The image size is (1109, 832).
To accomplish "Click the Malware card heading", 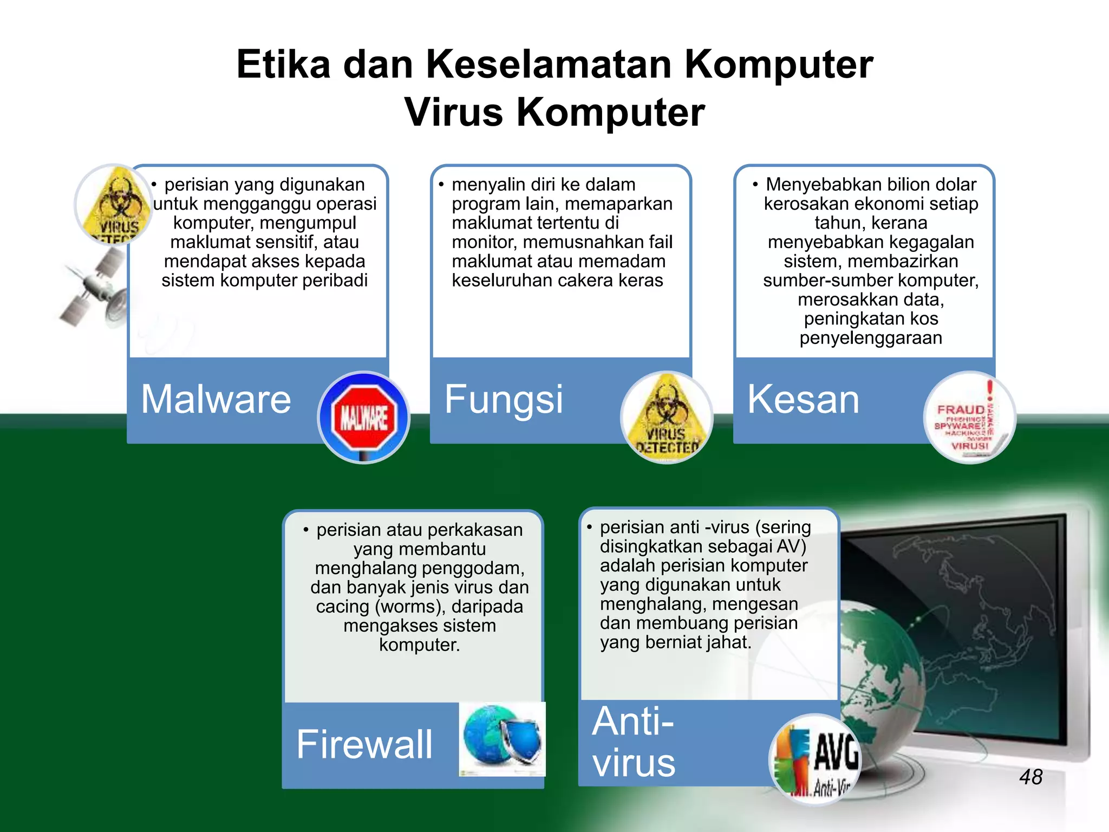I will tap(216, 399).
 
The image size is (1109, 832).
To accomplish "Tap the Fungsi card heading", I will tap(504, 400).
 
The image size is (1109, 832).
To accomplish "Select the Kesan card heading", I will tap(803, 399).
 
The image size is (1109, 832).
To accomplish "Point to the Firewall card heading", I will tap(364, 744).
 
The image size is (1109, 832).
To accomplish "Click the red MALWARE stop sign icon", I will tap(363, 418).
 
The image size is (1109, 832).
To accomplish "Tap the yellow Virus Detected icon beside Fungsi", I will tap(667, 418).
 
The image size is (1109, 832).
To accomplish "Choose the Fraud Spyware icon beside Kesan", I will tap(969, 418).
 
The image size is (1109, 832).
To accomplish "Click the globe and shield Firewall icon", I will tap(502, 739).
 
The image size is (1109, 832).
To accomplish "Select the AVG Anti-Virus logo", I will tap(816, 759).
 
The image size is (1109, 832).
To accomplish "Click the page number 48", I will tap(1030, 777).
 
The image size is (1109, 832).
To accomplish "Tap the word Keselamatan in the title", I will tap(549, 64).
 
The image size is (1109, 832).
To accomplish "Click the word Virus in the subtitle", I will tap(454, 112).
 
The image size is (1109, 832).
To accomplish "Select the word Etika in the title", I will tap(283, 64).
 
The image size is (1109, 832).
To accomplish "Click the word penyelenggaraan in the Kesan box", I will tap(871, 338).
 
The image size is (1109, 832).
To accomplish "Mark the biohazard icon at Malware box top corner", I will tap(113, 204).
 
